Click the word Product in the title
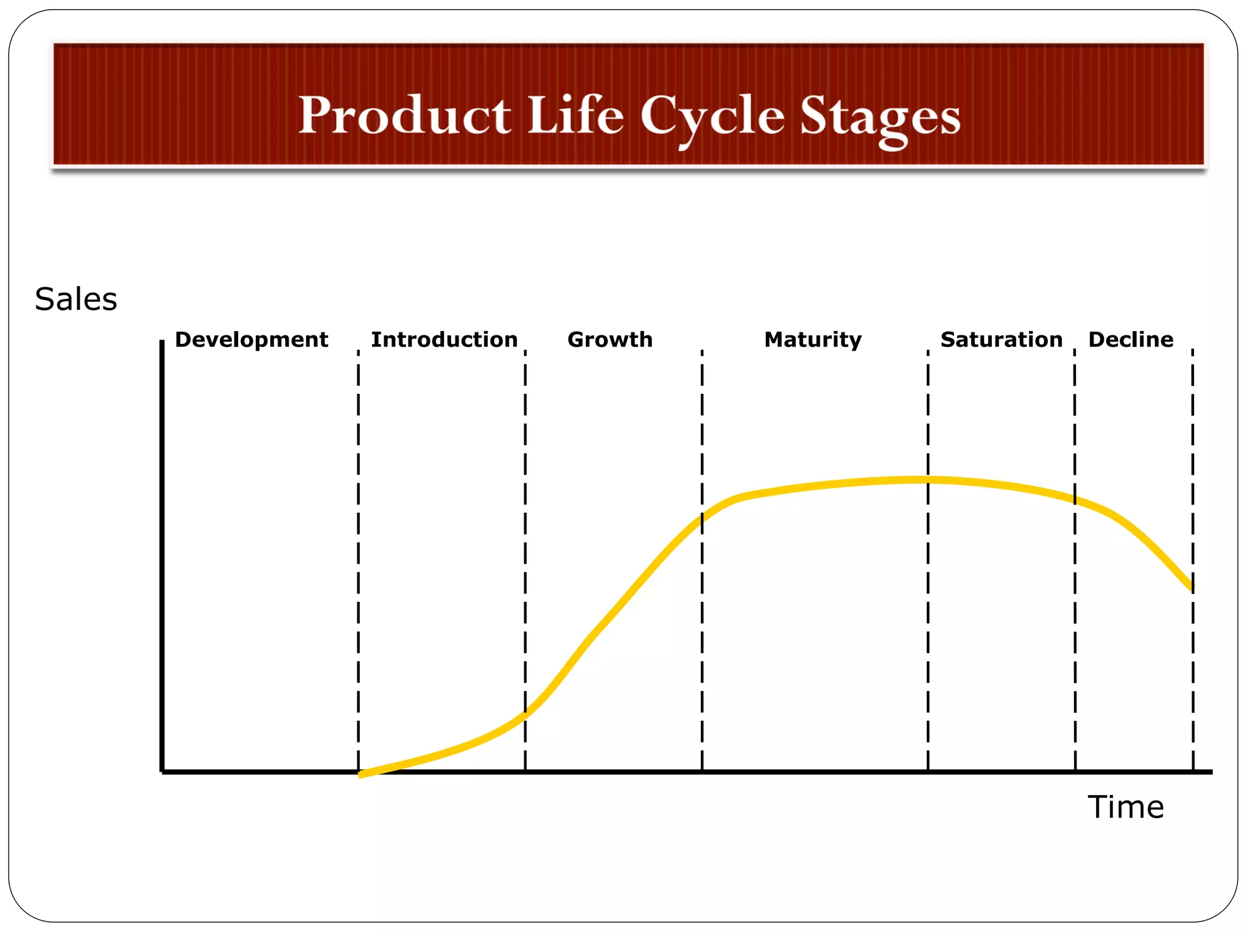coord(404,115)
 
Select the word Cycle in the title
coord(712,117)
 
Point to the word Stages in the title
coord(880,118)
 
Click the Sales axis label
coord(76,299)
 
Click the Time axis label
coord(1125,807)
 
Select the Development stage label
coord(251,340)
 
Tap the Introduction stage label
coord(444,340)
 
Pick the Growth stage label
coord(609,340)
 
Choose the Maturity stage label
coord(812,340)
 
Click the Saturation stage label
coord(1001,340)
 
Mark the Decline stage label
coord(1131,340)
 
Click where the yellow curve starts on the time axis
coord(360,774)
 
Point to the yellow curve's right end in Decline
coord(1192,588)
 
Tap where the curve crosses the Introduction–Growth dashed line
coord(525,716)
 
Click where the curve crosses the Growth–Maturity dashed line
coord(701,518)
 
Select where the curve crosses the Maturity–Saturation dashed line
coord(928,480)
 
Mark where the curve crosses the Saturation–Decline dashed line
coord(1075,500)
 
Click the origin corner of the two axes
coord(163,771)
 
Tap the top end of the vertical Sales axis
coord(162,342)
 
